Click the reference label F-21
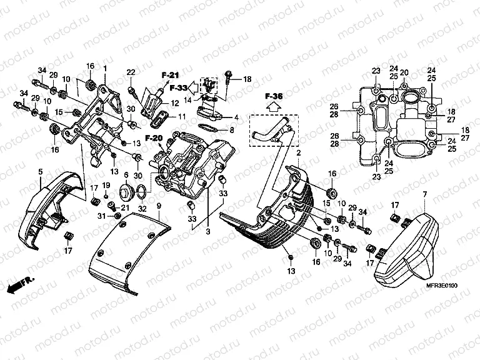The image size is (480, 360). tap(169, 75)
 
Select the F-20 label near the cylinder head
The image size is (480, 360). tap(153, 137)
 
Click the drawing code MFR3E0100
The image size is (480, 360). tap(443, 286)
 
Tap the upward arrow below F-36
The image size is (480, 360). tap(273, 107)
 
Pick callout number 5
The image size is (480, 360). tap(40, 171)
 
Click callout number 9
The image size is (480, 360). tap(159, 205)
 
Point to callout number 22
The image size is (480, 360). tap(131, 73)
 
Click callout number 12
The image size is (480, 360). tap(175, 102)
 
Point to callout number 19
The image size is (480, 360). tap(106, 186)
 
